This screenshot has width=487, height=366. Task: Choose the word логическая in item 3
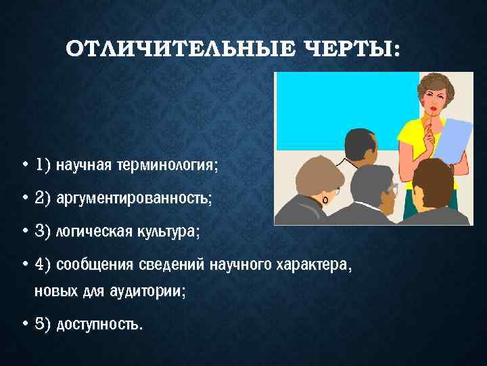coord(87,231)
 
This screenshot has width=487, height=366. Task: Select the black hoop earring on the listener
coord(327,201)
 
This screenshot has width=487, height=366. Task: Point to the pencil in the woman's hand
coord(432,125)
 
